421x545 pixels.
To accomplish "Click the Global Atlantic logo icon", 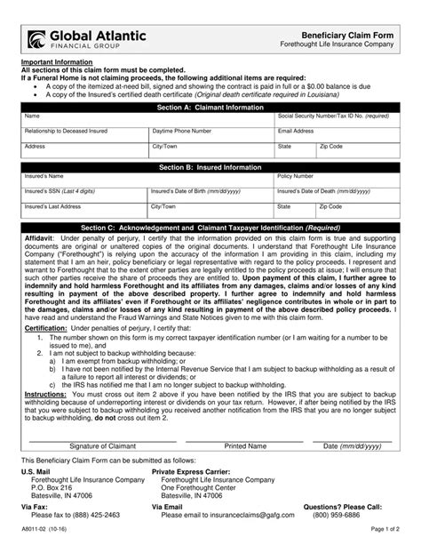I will pyautogui.click(x=36, y=37).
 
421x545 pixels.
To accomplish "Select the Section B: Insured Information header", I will pyautogui.click(x=210, y=166).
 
